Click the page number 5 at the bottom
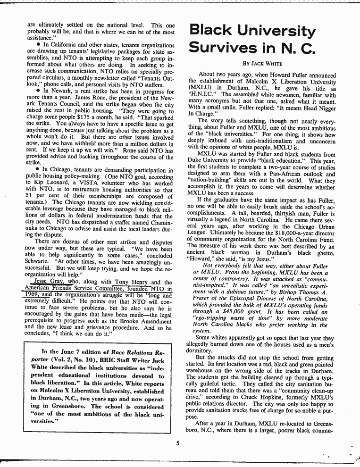(178, 442)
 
